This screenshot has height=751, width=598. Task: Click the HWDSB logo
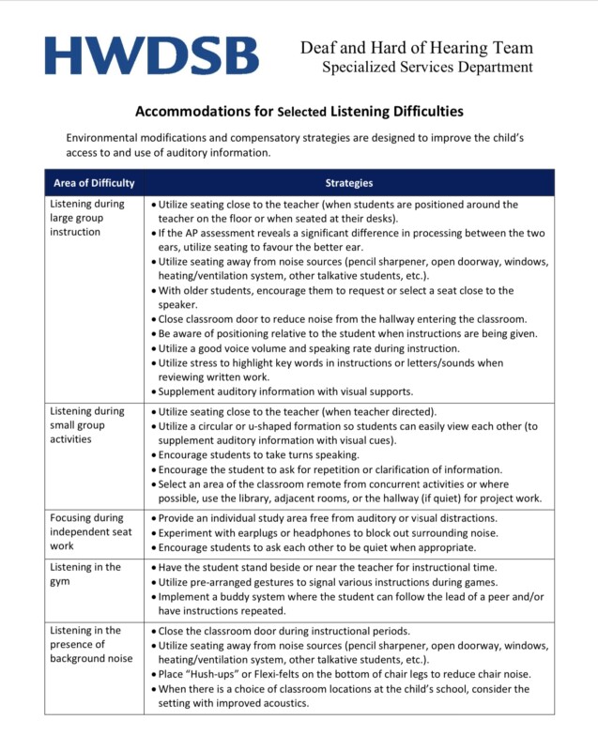pyautogui.click(x=150, y=56)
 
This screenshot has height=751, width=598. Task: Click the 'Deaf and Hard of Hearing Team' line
pyautogui.click(x=416, y=48)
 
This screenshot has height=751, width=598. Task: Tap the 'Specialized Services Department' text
pyautogui.click(x=427, y=68)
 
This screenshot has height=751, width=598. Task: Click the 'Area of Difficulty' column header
pyautogui.click(x=94, y=183)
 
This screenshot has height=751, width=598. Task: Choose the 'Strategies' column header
pyautogui.click(x=349, y=183)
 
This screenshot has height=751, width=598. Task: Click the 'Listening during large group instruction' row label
pyautogui.click(x=86, y=218)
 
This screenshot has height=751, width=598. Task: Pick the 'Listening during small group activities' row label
pyautogui.click(x=86, y=424)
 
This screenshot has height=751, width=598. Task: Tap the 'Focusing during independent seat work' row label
pyautogui.click(x=88, y=531)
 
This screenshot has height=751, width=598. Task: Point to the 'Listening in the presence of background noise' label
pyautogui.click(x=90, y=645)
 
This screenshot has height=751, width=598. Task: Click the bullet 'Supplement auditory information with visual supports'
pyautogui.click(x=284, y=391)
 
